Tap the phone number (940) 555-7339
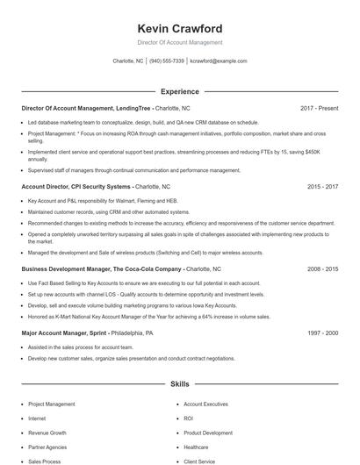pos(167,61)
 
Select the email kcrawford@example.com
pos(219,61)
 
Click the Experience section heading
pos(179,91)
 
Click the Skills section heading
pos(179,384)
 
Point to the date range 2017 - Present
pos(319,108)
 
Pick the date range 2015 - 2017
pos(321,187)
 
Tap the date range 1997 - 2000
pos(321,333)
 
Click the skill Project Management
pos(53,404)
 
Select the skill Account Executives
pos(207,404)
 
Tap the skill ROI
pos(189,418)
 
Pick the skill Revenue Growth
pos(47,433)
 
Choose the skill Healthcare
pos(197,447)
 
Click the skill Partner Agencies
pos(48,447)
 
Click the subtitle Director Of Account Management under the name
pos(179,42)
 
